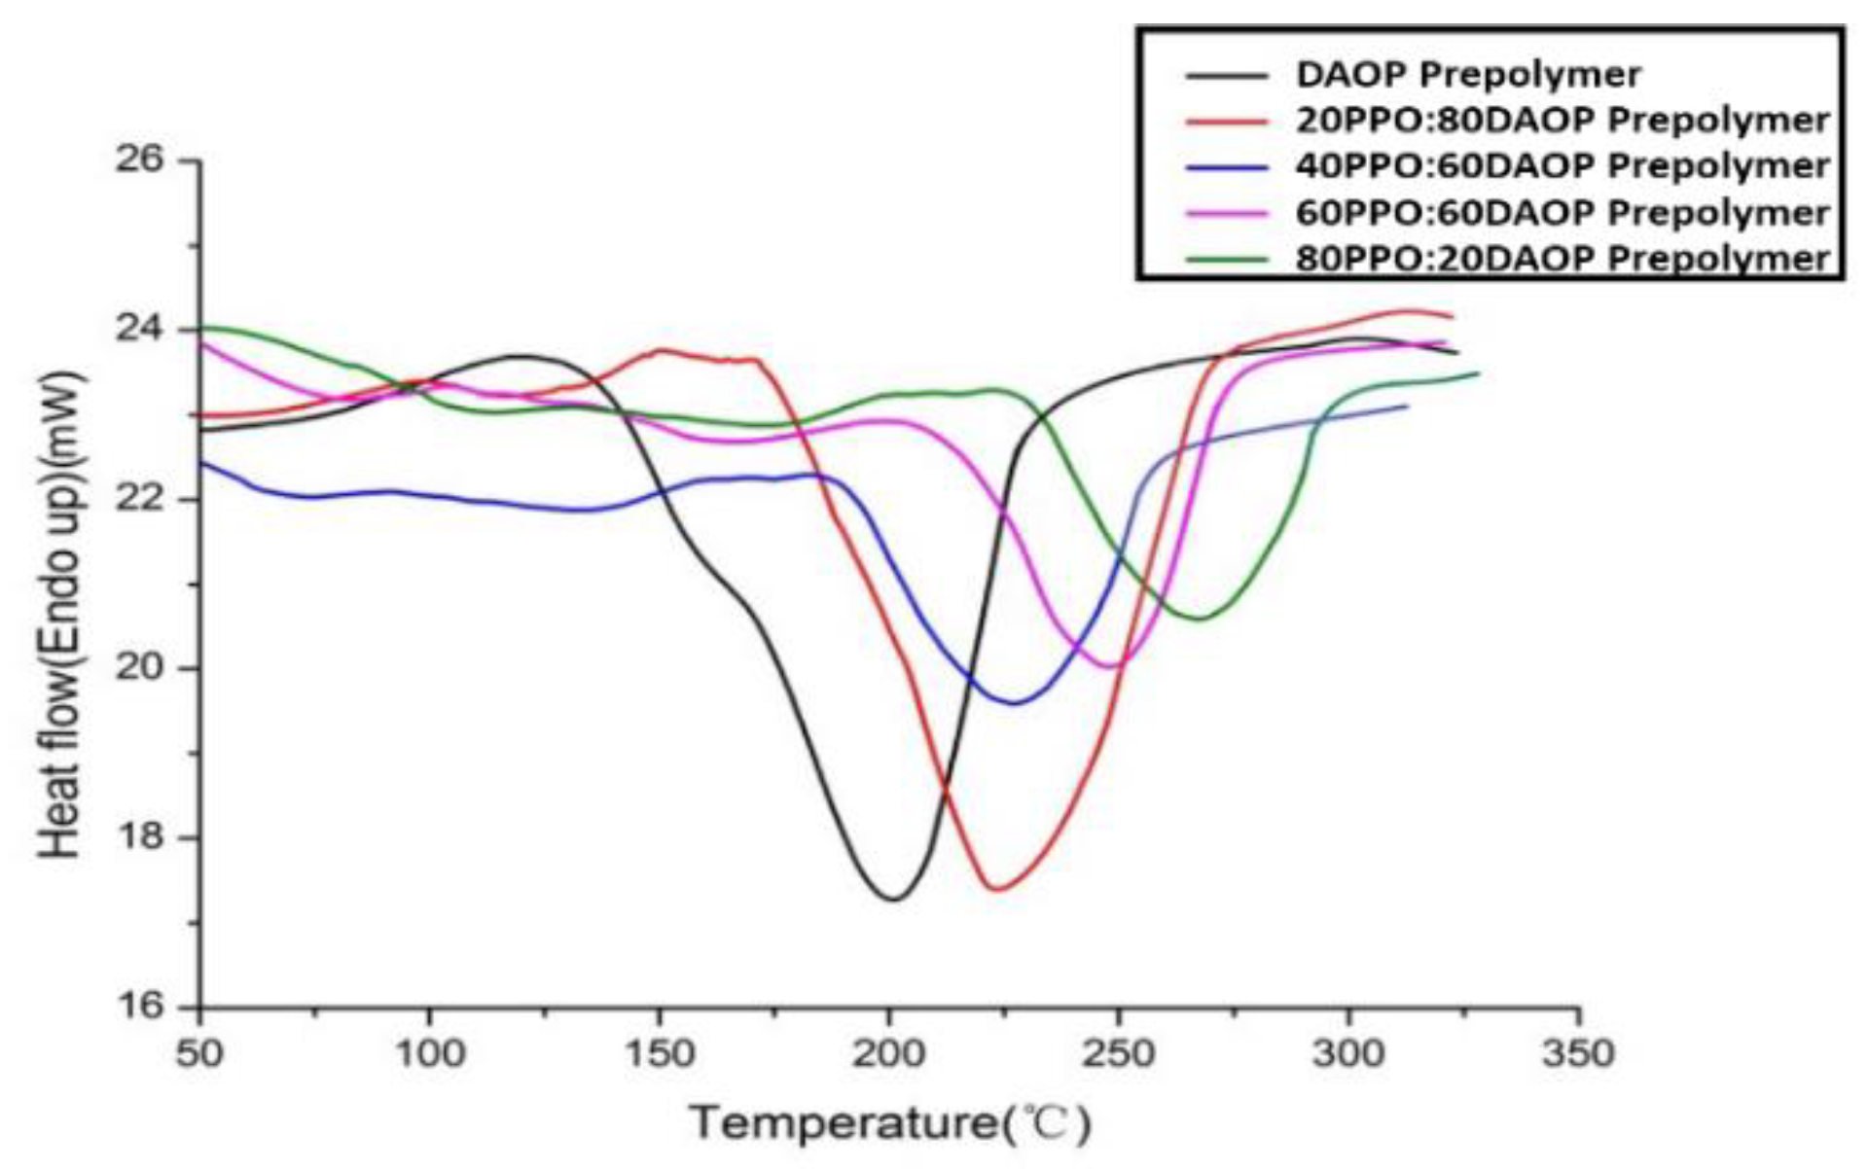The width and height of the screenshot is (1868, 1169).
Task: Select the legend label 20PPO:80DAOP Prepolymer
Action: [1562, 121]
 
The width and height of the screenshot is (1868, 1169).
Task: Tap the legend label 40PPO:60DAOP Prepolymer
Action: [1562, 166]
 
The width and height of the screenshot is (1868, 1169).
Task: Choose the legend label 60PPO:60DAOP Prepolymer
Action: [1562, 213]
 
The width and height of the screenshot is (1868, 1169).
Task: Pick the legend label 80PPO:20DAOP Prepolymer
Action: [1562, 259]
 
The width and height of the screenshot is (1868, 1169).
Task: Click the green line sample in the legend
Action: [1227, 260]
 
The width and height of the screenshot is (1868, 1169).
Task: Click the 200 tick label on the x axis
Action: [888, 1053]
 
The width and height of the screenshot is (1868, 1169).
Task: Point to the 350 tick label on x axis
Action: [1577, 1053]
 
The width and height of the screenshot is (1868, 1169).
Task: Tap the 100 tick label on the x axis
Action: [429, 1053]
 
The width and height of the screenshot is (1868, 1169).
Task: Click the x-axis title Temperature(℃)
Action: [890, 1124]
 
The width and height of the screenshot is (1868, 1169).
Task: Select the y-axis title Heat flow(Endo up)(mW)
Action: [60, 615]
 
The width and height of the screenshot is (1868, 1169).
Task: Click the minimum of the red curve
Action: [996, 889]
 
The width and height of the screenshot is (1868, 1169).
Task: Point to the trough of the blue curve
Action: [1014, 703]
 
